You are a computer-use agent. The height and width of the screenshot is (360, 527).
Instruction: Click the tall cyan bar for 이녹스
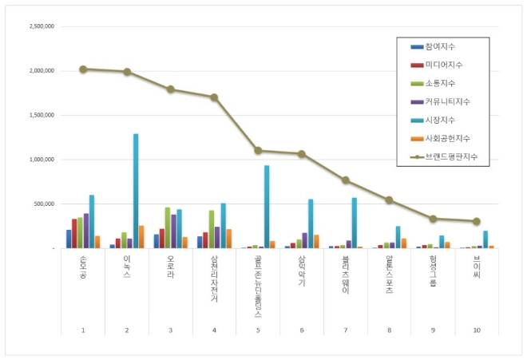pyautogui.click(x=136, y=192)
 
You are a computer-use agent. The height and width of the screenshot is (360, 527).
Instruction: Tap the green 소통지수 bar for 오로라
pyautogui.click(x=168, y=228)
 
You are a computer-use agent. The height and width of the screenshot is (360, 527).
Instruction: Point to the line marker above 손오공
pyautogui.click(x=83, y=69)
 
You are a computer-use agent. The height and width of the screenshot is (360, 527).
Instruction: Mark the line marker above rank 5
pyautogui.click(x=258, y=150)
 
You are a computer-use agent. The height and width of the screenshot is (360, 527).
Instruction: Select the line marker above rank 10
pyautogui.click(x=477, y=221)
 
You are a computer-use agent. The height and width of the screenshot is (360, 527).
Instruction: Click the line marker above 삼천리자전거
pyautogui.click(x=214, y=97)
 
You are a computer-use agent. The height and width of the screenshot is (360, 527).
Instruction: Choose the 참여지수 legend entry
pyautogui.click(x=442, y=46)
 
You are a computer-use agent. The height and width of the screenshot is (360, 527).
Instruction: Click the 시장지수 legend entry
pyautogui.click(x=442, y=120)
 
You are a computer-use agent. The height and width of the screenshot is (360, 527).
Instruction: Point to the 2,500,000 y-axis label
pyautogui.click(x=40, y=26)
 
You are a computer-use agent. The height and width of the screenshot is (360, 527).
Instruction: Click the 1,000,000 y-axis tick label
pyautogui.click(x=40, y=160)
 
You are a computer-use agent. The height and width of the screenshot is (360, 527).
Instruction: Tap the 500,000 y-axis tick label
pyautogui.click(x=42, y=204)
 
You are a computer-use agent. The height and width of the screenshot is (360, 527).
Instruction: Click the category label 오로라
pyautogui.click(x=171, y=267)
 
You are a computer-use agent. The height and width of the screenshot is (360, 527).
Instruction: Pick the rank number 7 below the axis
pyautogui.click(x=346, y=329)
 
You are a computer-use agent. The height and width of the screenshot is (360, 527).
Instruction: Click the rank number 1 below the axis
pyautogui.click(x=83, y=329)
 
